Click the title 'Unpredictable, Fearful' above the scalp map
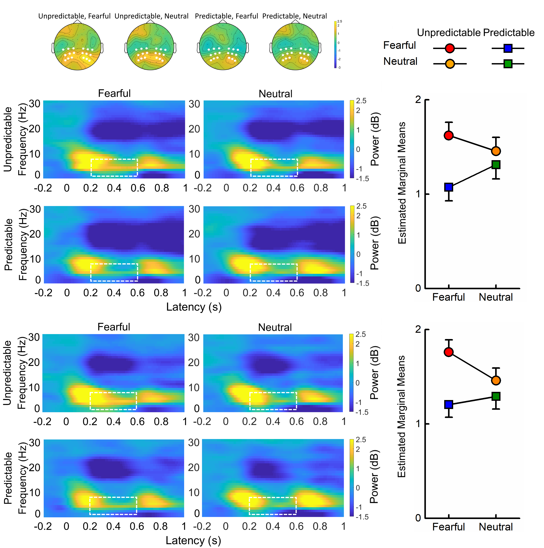coord(74,16)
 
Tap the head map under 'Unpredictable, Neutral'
coord(150,47)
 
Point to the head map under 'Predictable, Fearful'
coord(223,47)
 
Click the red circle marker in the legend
coord(450,48)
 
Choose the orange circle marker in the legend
coord(450,64)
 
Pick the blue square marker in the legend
coord(508,48)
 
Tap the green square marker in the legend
coord(508,64)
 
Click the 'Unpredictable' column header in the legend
coord(449,33)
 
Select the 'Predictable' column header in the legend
coord(509,33)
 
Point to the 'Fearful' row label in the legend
coord(399,45)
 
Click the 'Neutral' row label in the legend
coord(400,61)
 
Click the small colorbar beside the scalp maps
coord(335,45)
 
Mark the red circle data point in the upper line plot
coord(449,135)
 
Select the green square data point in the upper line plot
coord(496,165)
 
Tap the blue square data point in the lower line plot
coord(449,404)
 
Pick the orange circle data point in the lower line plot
coord(496,380)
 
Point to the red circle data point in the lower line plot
coord(449,352)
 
